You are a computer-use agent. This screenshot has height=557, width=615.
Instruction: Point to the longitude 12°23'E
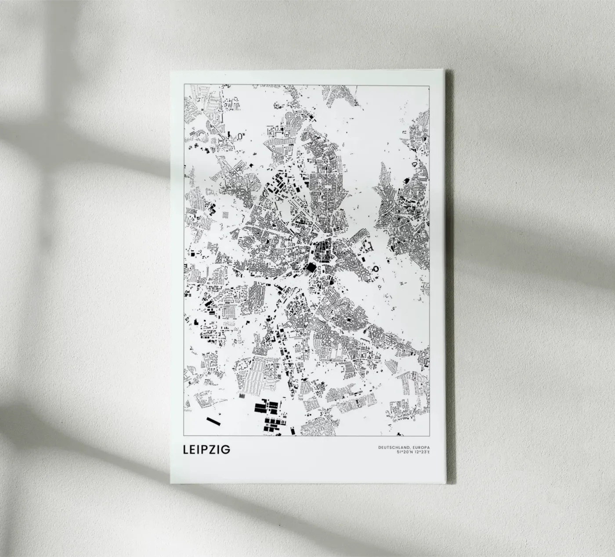coord(422,452)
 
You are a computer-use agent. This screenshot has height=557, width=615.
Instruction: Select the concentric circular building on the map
coord(289,116)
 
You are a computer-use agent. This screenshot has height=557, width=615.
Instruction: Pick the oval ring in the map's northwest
coord(240,136)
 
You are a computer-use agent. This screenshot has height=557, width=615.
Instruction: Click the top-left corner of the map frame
coord(184,83)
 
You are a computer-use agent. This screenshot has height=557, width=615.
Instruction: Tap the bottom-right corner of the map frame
coord(430,436)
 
